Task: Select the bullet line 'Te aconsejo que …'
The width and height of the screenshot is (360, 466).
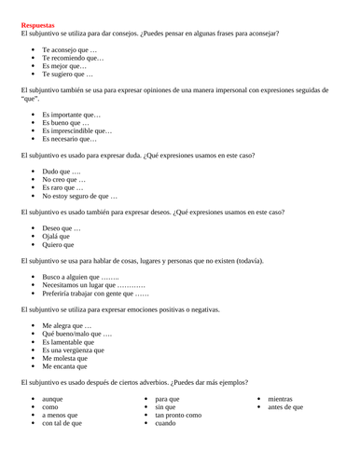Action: point(69,48)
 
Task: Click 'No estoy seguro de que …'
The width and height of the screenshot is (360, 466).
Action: point(79,196)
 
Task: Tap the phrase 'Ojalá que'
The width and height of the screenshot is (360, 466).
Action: point(56,237)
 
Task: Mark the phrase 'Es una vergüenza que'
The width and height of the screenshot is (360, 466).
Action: point(73,349)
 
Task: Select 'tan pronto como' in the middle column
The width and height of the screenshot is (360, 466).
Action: point(177,415)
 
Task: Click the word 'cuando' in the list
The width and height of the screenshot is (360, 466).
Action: point(165,423)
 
